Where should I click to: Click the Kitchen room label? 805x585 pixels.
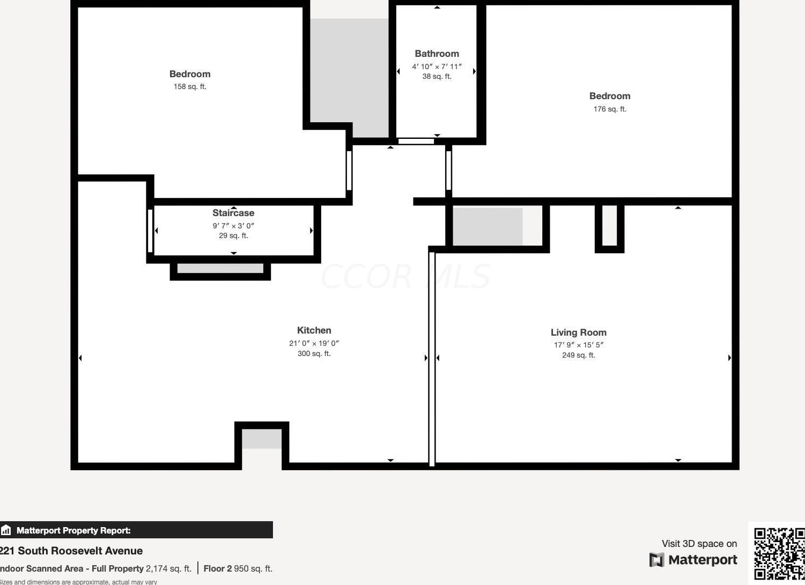point(314,330)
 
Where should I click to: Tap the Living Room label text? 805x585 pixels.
point(578,332)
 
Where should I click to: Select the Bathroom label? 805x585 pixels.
point(437,54)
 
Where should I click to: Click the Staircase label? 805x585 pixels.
point(233,213)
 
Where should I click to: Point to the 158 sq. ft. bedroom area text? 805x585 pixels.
point(190,86)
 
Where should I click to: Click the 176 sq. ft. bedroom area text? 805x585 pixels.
point(610,109)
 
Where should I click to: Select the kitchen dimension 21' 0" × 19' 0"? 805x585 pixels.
point(314,343)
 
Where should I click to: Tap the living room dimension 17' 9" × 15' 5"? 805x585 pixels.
point(578,345)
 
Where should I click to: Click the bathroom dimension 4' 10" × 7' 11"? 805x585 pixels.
point(437,66)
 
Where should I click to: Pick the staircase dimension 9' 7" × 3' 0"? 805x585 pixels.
point(233,226)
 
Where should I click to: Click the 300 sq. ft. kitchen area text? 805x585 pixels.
point(314,353)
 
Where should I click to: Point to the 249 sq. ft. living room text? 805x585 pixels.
point(578,355)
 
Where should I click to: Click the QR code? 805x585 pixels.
point(779,554)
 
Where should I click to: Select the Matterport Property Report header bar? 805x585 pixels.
point(136,530)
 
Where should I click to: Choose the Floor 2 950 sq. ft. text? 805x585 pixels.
point(238,568)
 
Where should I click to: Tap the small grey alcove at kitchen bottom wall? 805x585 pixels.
point(262,439)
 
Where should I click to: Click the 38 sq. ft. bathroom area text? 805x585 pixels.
point(437,76)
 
